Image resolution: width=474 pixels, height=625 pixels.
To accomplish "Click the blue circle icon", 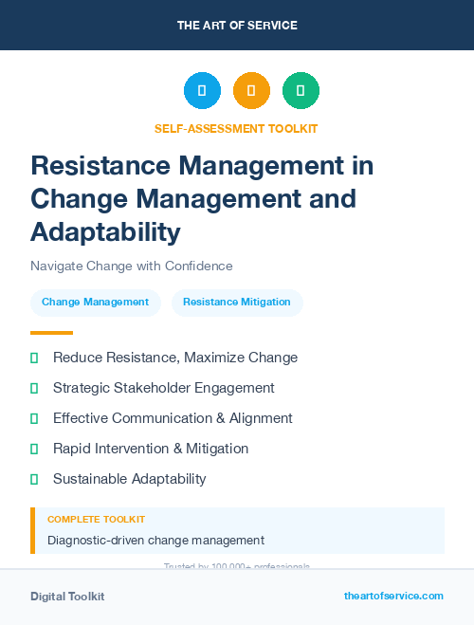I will [202, 91].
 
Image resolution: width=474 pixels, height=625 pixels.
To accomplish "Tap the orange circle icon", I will [251, 91].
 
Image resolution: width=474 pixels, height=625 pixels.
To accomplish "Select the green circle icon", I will [301, 91].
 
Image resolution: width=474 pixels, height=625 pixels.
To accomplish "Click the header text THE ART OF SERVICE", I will [237, 26].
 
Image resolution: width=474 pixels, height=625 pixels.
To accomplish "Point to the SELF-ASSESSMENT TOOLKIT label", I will [236, 128].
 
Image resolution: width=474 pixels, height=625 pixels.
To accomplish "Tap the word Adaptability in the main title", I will [104, 231].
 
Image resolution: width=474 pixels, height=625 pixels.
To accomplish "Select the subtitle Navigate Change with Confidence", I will [131, 266].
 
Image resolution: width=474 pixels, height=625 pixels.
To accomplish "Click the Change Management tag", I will [95, 303].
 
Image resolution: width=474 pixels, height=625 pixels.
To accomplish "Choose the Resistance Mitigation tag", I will [237, 303].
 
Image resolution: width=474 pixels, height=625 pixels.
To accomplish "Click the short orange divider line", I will [51, 333].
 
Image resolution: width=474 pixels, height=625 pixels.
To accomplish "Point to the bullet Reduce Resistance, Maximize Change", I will [175, 358].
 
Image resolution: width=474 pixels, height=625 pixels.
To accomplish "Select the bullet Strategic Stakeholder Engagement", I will [164, 388].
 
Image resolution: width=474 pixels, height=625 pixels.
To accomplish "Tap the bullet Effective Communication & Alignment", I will [173, 418].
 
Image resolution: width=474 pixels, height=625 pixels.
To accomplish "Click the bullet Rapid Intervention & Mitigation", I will [151, 449].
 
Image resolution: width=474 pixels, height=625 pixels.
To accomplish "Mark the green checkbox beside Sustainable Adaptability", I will [34, 479].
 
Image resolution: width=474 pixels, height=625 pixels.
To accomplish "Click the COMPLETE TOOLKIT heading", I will [96, 520].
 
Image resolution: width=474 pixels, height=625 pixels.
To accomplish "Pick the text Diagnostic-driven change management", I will [155, 541].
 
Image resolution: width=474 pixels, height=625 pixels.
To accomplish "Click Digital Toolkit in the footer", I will [67, 597].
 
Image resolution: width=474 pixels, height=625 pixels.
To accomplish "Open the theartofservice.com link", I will [393, 596].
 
